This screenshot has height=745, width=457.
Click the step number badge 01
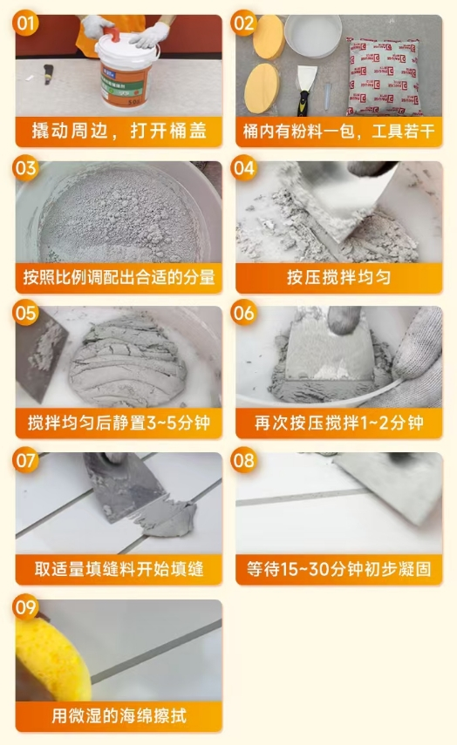[27, 24]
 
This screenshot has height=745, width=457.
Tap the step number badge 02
[245, 24]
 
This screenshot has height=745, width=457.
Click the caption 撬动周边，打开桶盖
[119, 132]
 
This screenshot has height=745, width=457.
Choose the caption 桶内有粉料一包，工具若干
[338, 132]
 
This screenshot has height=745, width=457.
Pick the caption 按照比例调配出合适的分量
[119, 278]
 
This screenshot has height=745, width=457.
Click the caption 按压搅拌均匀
[338, 278]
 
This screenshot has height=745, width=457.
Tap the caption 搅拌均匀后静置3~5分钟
[119, 423]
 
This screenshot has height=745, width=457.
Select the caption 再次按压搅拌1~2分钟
[338, 423]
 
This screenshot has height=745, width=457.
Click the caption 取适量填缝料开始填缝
[119, 569]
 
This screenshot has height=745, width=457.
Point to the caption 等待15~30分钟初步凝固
[338, 569]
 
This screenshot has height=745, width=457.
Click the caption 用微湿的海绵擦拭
[119, 715]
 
